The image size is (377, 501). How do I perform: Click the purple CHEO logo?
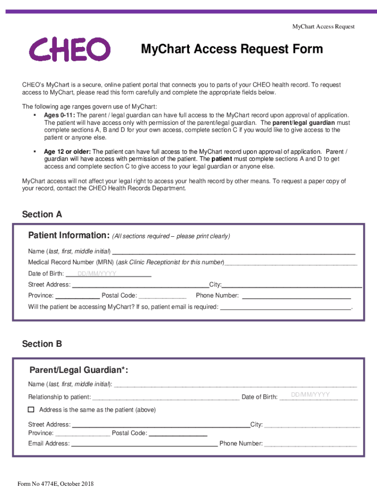tap(69, 50)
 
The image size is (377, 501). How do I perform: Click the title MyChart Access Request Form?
tap(232, 49)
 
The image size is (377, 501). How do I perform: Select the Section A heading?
tap(42, 214)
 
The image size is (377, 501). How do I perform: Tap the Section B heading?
tap(42, 344)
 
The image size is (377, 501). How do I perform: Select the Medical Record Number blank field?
tap(290, 262)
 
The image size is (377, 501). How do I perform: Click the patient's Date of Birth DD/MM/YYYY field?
tap(108, 273)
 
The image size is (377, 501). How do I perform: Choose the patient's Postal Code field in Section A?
tap(163, 296)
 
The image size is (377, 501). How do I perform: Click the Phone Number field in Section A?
tap(296, 296)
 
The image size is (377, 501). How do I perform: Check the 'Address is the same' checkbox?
tap(31, 410)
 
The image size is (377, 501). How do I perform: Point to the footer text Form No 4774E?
tap(55, 484)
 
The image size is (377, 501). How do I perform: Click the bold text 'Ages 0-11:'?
tap(59, 115)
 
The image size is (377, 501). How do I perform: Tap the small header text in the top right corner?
tap(323, 26)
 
